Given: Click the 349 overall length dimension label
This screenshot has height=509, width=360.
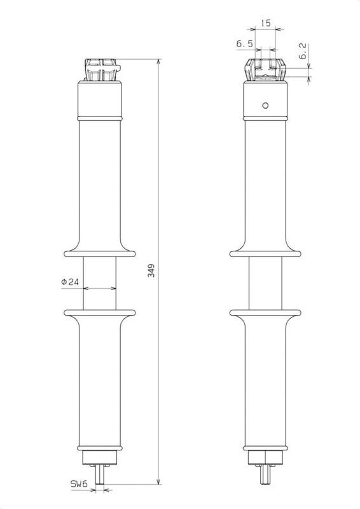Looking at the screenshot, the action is [x=151, y=270].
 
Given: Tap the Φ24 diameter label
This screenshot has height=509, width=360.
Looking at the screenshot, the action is [x=70, y=282].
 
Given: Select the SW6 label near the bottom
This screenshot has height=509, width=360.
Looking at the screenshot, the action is [x=80, y=484].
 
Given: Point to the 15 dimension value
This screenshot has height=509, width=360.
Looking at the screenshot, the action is [x=265, y=23].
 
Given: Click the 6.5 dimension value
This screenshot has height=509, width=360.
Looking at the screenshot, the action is [x=244, y=44].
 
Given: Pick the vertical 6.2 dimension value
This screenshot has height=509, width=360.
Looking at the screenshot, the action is [x=302, y=51].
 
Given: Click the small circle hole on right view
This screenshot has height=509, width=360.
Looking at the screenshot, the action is [x=265, y=105].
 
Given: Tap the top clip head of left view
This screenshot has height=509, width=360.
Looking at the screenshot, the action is [x=102, y=70].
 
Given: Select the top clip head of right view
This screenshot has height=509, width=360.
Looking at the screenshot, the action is [x=265, y=70].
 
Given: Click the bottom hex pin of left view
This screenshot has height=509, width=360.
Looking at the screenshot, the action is [x=100, y=475].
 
